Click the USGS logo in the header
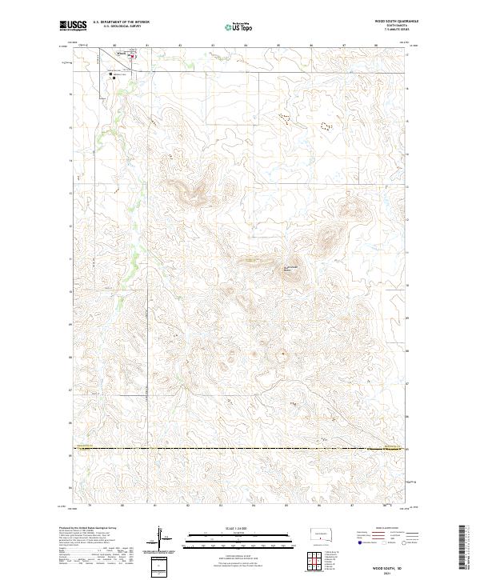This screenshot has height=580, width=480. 70,26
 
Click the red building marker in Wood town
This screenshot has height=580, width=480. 133,56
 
